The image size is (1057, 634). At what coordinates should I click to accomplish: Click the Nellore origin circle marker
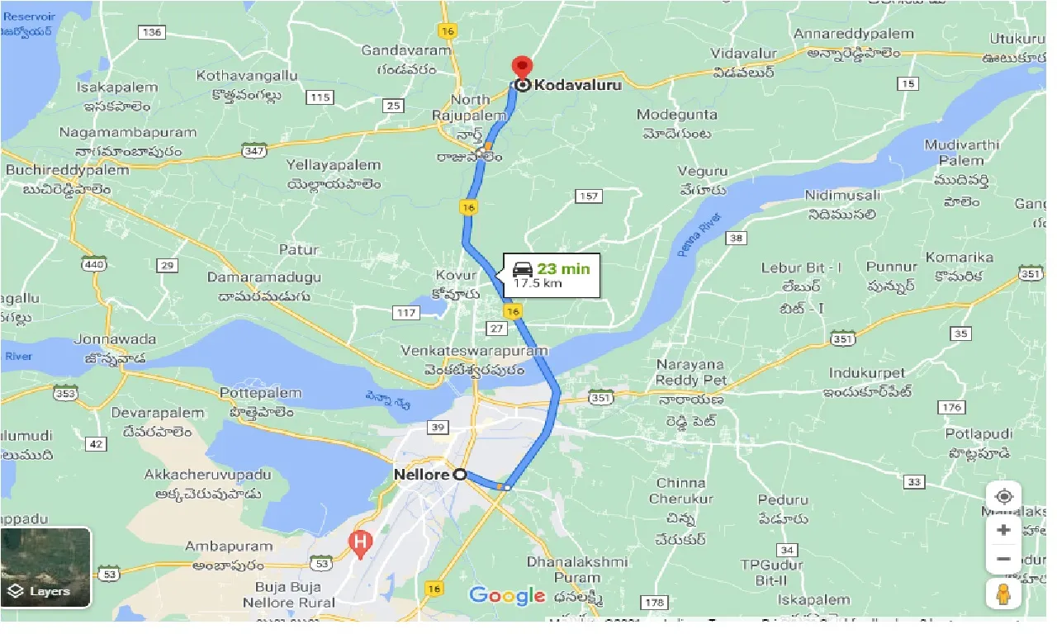click(460, 475)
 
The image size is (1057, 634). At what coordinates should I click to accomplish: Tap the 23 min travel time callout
click(552, 275)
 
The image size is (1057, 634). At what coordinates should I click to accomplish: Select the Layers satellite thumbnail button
click(45, 567)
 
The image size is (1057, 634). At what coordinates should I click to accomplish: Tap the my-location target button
click(1004, 496)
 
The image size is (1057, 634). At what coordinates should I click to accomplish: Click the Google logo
click(507, 595)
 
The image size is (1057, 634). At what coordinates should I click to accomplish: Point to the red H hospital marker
click(360, 542)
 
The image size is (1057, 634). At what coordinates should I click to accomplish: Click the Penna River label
click(699, 234)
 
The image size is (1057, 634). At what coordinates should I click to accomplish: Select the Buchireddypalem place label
click(68, 170)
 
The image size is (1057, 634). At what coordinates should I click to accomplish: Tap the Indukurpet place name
click(867, 373)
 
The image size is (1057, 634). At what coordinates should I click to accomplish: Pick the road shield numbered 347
click(253, 150)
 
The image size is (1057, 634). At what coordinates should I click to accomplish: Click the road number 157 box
click(588, 196)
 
